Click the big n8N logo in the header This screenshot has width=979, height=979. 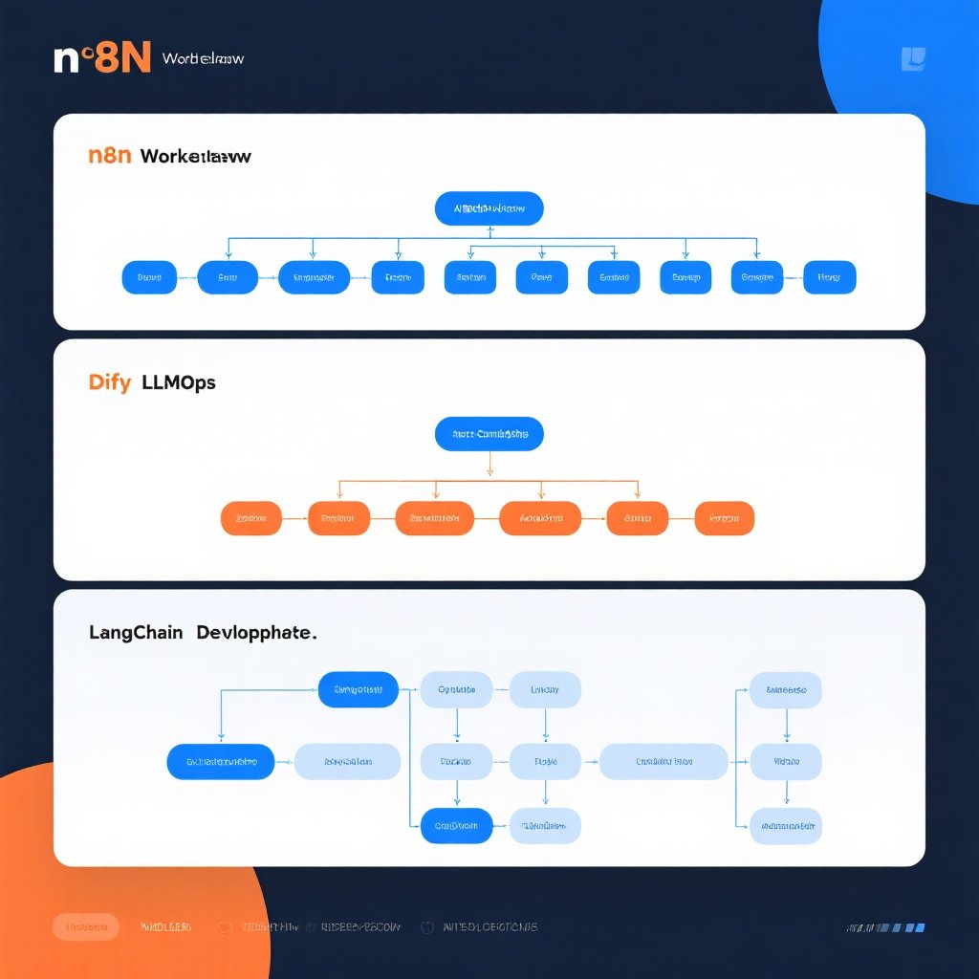[x=103, y=58]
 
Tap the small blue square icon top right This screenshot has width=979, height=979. [x=913, y=59]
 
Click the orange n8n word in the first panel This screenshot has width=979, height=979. [x=109, y=155]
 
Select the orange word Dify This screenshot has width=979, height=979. [x=108, y=382]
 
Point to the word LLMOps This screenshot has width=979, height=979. [x=179, y=382]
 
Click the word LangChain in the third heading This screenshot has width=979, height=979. [x=137, y=632]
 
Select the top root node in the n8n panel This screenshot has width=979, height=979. [x=489, y=208]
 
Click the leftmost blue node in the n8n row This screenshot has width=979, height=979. [x=149, y=277]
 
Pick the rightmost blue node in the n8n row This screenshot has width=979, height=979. [x=829, y=277]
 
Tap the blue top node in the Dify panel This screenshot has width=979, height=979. [x=489, y=434]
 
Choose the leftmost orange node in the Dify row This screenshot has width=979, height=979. [x=251, y=518]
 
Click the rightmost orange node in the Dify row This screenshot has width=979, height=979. [x=724, y=518]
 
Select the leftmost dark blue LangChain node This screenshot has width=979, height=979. [x=221, y=762]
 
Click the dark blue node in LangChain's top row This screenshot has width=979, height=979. [x=358, y=689]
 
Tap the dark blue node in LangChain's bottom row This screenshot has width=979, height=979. [x=457, y=825]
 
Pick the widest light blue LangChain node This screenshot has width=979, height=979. [x=664, y=762]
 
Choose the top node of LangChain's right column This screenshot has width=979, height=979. [x=785, y=689]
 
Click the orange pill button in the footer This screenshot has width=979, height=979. [x=86, y=926]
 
